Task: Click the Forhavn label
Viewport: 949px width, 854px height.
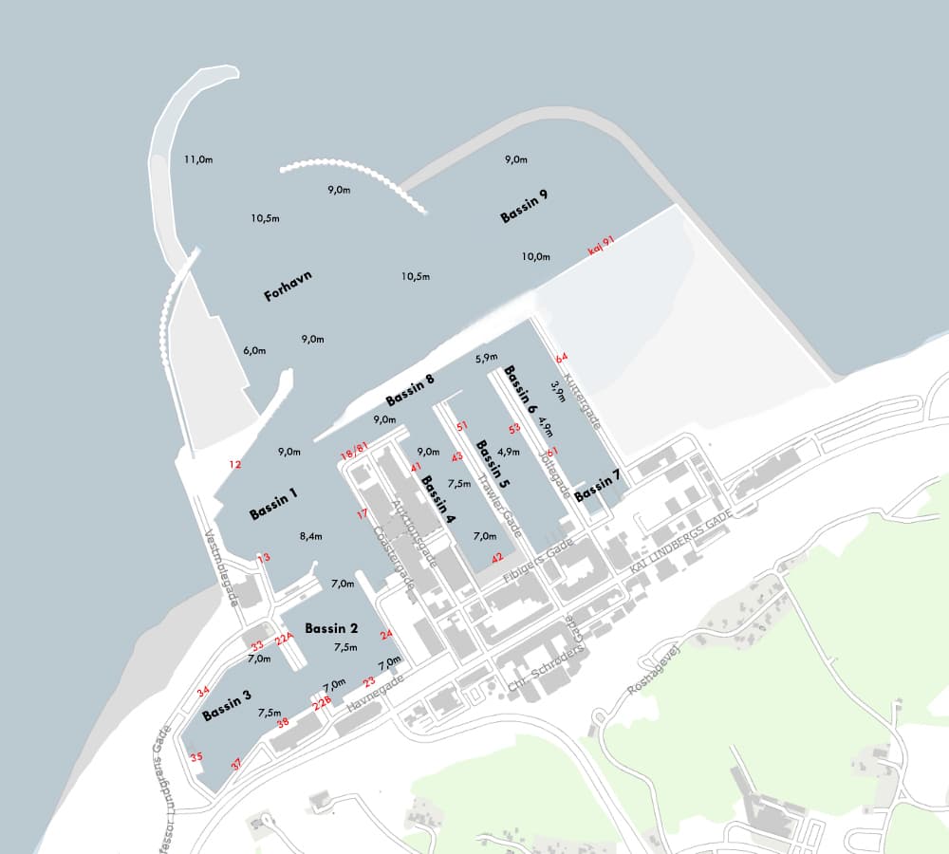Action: click(288, 287)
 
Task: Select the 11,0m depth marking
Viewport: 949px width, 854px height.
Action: click(198, 159)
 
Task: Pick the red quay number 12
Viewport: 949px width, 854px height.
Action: click(235, 464)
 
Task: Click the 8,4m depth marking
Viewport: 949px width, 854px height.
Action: click(311, 536)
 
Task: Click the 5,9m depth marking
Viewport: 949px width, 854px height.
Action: click(487, 358)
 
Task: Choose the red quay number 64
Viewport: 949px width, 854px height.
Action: click(562, 358)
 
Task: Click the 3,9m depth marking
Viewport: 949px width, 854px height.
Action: click(557, 393)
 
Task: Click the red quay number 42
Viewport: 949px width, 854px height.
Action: click(497, 558)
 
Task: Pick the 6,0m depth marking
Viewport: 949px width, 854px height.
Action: click(253, 350)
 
